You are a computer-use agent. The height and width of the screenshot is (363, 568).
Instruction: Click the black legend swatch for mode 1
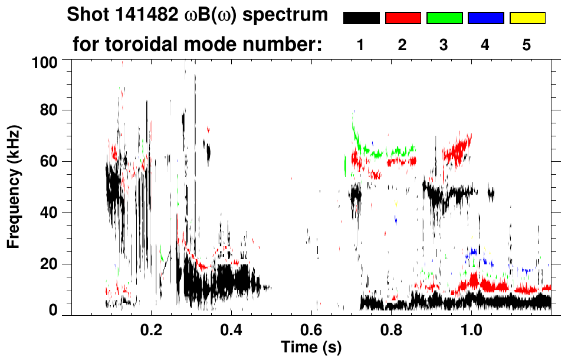tap(361, 18)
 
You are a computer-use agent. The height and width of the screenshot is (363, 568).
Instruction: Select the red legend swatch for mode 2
tap(403, 18)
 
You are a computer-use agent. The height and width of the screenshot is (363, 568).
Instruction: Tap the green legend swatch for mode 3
tap(444, 18)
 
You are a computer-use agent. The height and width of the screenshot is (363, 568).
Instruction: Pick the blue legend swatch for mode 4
tap(485, 18)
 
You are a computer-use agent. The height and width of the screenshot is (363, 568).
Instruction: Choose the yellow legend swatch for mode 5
tap(527, 18)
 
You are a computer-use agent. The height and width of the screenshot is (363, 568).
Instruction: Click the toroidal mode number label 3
tap(444, 45)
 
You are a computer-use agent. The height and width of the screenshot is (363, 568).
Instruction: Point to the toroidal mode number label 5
tap(527, 45)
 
